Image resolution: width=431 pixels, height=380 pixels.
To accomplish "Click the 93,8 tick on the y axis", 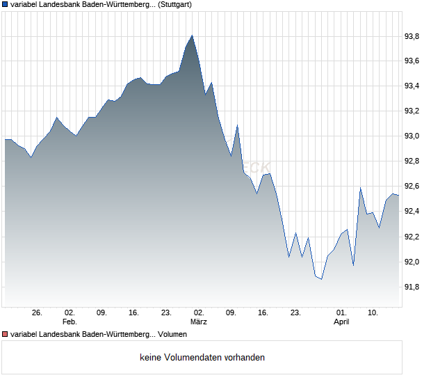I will [412, 36].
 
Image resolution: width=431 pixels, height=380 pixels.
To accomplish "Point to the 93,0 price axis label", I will [412, 136].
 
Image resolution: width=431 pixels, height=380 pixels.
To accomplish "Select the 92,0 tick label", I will [412, 262].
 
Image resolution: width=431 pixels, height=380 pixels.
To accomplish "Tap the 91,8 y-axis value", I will [412, 287].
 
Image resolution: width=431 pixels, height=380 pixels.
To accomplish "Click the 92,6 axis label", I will [412, 187].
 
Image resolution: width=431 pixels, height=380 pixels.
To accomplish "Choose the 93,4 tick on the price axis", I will [412, 86].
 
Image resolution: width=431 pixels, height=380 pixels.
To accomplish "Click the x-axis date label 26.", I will [38, 313].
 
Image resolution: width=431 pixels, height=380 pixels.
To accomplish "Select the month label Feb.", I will [70, 322].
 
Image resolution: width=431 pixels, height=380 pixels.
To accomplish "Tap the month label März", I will [199, 322].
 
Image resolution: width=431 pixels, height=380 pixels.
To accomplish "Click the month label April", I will [341, 322].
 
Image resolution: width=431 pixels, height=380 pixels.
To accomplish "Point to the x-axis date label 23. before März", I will [166, 313].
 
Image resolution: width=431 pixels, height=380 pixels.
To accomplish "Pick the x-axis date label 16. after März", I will [263, 313].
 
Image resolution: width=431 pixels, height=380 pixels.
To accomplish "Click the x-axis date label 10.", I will [373, 313].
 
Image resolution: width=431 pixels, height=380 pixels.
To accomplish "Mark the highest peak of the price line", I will [192, 35].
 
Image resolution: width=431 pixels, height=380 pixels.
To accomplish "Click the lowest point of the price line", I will [321, 279].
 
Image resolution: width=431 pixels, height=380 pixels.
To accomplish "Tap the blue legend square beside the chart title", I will [5, 4].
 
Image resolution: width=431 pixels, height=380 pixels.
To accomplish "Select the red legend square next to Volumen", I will [5, 335].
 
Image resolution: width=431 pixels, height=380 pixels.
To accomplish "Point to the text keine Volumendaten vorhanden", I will [202, 358].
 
